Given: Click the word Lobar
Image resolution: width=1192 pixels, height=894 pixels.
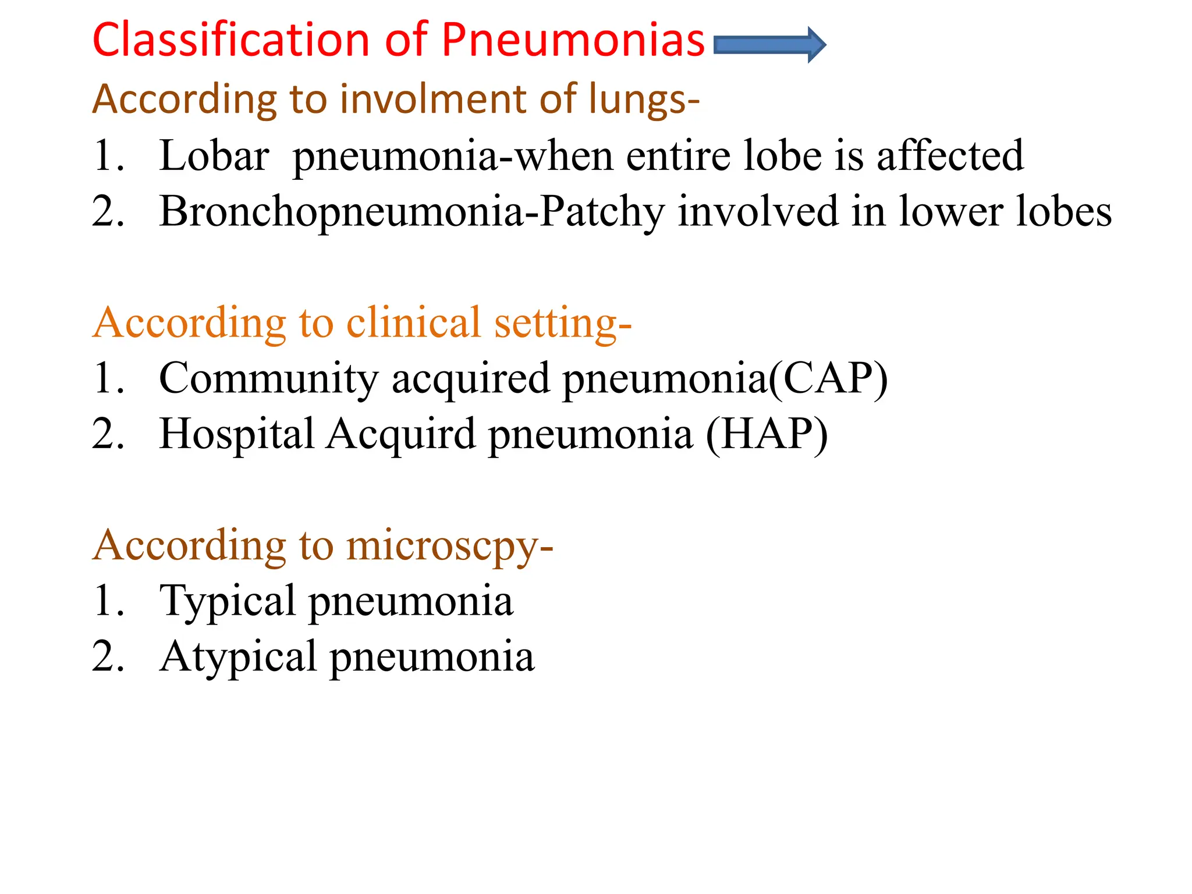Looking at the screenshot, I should coord(214,156).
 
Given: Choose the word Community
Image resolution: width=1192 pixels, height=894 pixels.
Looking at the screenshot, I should coord(268,379).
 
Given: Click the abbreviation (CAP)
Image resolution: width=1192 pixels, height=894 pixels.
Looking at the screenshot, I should coord(829,379).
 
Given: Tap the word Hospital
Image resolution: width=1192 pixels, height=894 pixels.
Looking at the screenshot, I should coord(236,435).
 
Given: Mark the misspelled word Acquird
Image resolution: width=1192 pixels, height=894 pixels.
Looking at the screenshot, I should coord(401,435).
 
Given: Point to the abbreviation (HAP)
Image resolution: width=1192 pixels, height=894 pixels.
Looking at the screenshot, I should coord(767,435).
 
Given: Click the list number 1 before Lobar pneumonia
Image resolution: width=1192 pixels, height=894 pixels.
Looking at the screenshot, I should coord(108,156).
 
